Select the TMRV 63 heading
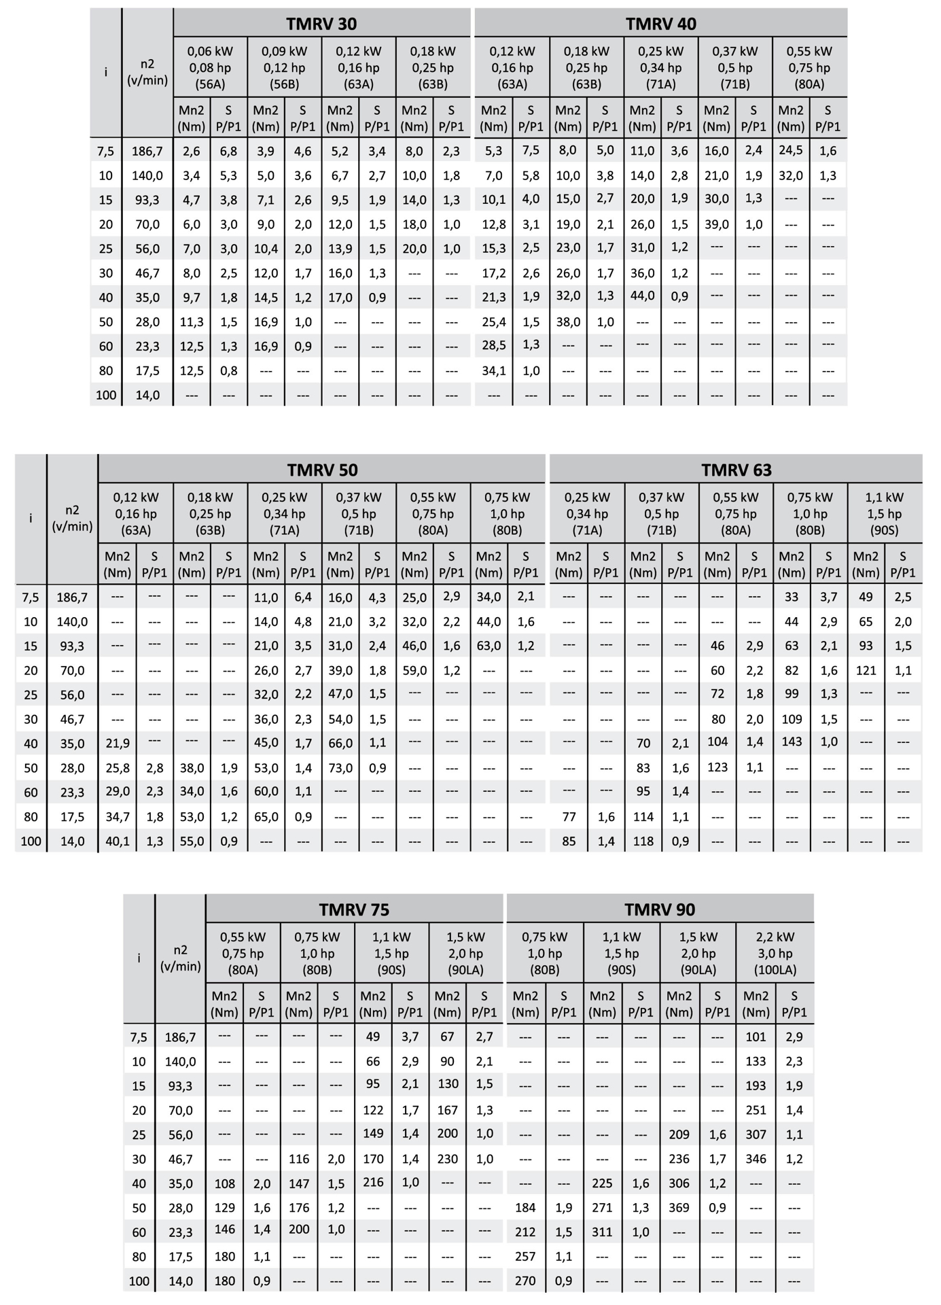coord(736,470)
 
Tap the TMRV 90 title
coord(660,909)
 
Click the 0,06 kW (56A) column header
coord(210,67)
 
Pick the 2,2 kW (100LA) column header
coord(775,953)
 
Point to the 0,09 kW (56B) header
coord(284,67)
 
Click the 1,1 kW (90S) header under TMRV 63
coord(885,514)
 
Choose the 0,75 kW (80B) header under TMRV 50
coord(508,514)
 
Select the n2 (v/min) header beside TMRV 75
coord(180,958)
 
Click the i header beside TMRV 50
coord(31,518)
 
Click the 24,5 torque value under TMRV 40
coord(791,151)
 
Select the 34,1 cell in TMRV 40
coord(494,370)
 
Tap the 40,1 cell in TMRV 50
coord(118,841)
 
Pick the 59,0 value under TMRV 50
coord(414,670)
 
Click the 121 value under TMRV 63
coord(866,670)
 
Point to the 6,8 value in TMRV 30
coord(228,151)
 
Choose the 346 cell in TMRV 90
coord(756,1159)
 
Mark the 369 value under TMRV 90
coord(679,1208)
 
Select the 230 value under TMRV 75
coord(448,1159)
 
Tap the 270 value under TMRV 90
coord(525,1281)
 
